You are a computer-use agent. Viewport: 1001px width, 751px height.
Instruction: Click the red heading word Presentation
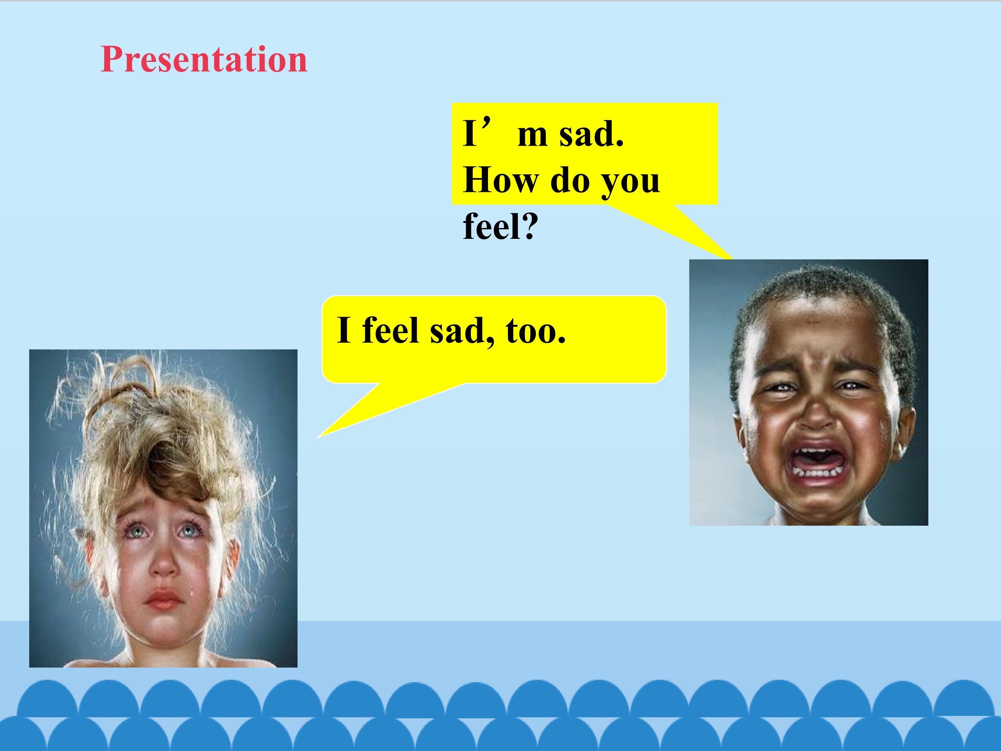pos(204,59)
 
